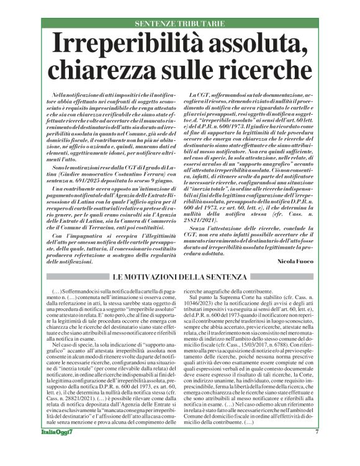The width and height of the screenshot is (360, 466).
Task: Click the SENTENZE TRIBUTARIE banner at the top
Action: point(179,24)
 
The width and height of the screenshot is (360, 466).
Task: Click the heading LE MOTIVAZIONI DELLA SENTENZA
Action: point(179,276)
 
